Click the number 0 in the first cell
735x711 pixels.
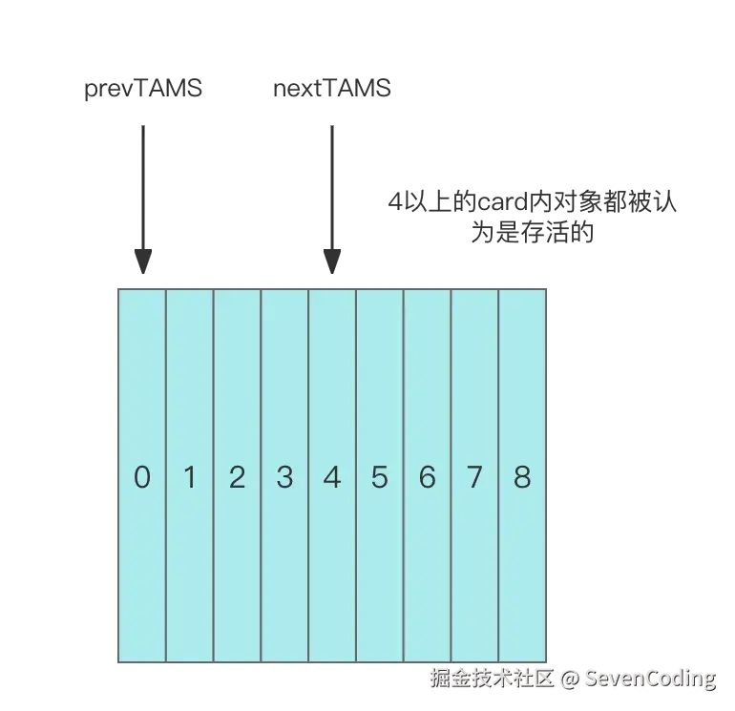(142, 476)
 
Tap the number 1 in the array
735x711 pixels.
(190, 476)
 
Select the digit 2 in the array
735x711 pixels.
(237, 476)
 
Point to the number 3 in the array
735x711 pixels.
(284, 476)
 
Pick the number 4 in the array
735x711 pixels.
(332, 476)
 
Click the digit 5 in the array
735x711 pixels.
(380, 476)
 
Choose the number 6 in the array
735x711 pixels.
(427, 476)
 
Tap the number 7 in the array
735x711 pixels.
(474, 476)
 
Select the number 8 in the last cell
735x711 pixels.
(522, 476)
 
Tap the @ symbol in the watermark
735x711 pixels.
(569, 679)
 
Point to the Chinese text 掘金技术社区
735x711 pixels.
(492, 678)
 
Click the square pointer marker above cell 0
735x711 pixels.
(141, 256)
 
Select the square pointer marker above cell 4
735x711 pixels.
(332, 256)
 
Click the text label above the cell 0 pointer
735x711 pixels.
(144, 91)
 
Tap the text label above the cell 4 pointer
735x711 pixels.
(330, 90)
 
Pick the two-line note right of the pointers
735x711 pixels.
(534, 216)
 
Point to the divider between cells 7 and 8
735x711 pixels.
(498, 476)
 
